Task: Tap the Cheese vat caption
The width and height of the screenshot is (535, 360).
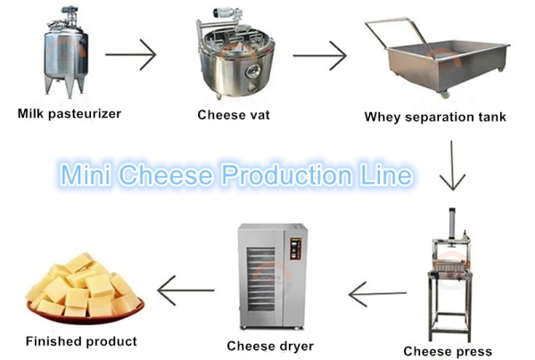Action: click(235, 114)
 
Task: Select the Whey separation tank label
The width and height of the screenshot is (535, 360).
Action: click(435, 117)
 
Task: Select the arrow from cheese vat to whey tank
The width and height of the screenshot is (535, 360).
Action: click(319, 56)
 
